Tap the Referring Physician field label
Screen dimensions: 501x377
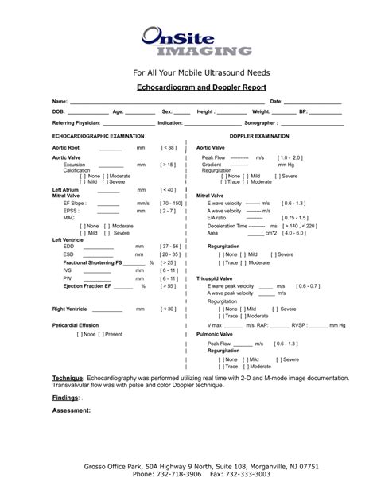76,123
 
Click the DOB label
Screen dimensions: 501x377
59,112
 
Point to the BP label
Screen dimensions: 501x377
303,112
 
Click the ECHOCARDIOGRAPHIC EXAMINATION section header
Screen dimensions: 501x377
98,136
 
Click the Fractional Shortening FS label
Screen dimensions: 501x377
92,262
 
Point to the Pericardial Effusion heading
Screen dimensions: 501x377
76,325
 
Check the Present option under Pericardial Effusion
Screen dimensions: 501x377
108,334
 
